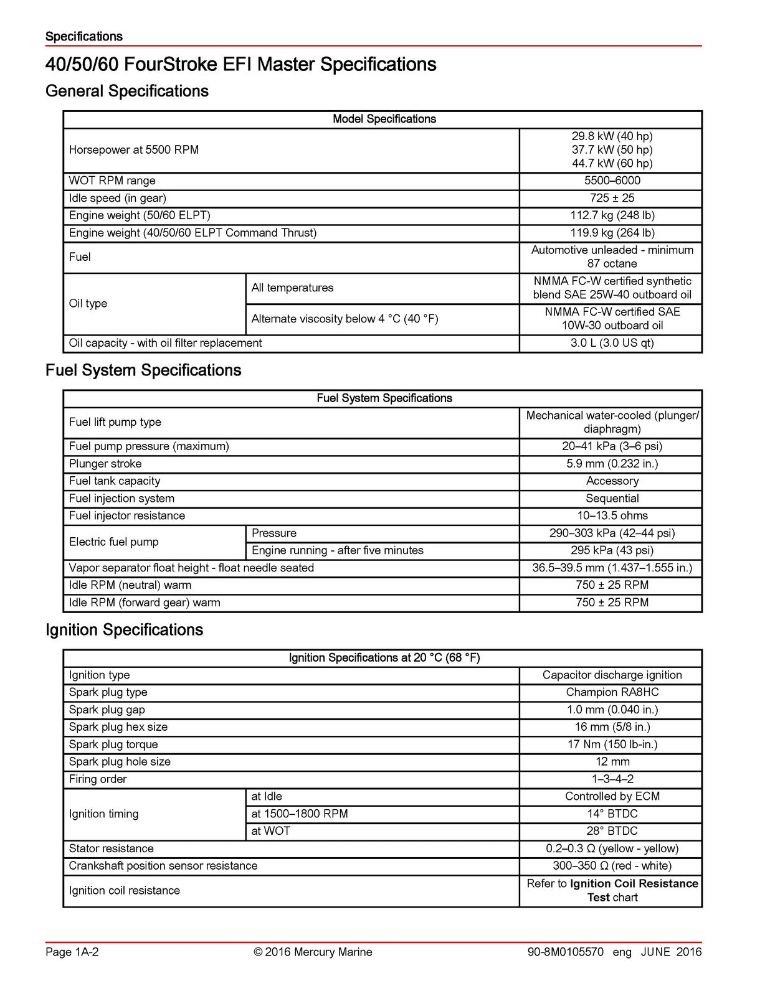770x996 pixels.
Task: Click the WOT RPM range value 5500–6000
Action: coord(612,181)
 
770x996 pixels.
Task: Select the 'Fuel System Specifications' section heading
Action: coord(143,370)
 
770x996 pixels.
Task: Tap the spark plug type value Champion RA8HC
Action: coord(612,692)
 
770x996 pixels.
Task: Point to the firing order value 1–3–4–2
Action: coord(612,779)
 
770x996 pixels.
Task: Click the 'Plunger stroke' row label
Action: coord(105,464)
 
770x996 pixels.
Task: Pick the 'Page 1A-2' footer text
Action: coord(72,952)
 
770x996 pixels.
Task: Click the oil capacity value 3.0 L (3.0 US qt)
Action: coord(612,343)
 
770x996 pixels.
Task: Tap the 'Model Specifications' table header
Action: coord(384,119)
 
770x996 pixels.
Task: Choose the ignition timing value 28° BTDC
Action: coord(612,831)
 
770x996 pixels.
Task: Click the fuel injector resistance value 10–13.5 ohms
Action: coord(612,515)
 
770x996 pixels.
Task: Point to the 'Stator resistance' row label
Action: coord(111,848)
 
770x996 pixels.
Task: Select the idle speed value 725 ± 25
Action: coord(612,198)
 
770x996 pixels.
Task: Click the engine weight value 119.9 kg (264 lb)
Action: coord(612,233)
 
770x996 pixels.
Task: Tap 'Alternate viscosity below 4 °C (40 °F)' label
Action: coord(345,319)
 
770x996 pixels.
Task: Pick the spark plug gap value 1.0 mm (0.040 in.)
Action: coord(612,710)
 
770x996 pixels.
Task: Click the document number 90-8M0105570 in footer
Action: coord(565,952)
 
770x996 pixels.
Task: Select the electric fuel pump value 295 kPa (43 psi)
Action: coord(612,550)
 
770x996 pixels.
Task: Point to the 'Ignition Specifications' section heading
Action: coord(124,630)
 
